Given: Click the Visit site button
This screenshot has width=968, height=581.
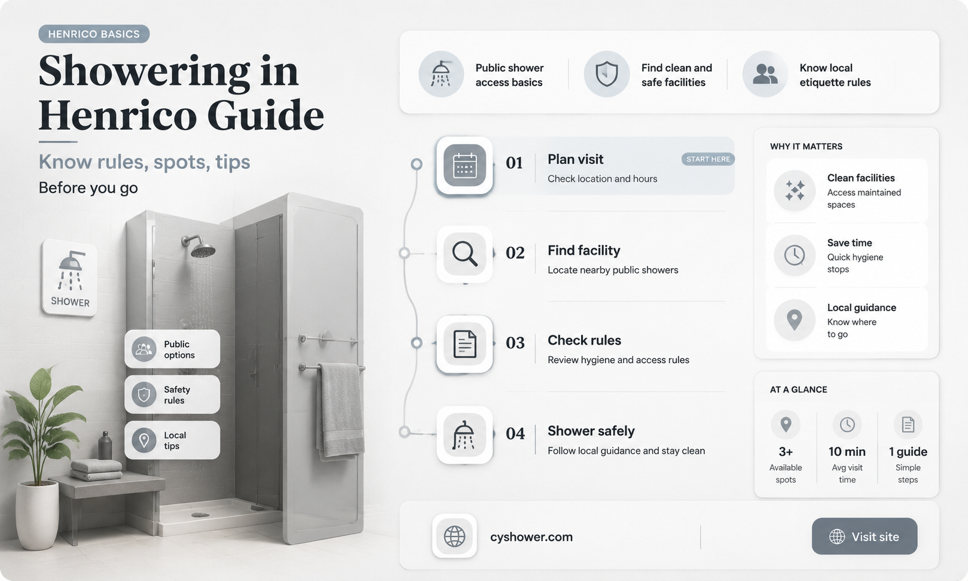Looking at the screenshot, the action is click(865, 536).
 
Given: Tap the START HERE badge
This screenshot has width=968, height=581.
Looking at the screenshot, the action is click(708, 159).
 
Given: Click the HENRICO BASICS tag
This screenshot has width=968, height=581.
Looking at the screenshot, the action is click(94, 34).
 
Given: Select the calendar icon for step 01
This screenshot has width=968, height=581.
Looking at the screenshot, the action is click(465, 165).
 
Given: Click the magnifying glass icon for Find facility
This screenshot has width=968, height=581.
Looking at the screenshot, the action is click(465, 254).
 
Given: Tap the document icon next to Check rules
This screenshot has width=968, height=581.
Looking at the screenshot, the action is click(465, 344).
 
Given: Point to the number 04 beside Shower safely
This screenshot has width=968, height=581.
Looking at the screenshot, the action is click(515, 433).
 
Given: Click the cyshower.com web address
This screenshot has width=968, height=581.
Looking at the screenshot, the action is click(531, 537).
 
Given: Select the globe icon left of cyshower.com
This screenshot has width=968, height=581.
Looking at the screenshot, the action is click(454, 536).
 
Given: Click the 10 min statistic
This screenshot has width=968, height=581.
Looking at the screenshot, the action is click(847, 452).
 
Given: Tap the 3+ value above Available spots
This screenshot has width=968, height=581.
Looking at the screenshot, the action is click(786, 452).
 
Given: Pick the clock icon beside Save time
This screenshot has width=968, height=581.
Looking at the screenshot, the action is click(794, 255).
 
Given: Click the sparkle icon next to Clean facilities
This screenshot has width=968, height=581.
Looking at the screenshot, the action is click(794, 190).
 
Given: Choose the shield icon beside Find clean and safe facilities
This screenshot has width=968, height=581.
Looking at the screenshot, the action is click(606, 74).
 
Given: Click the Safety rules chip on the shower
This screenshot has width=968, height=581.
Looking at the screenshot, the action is click(172, 394).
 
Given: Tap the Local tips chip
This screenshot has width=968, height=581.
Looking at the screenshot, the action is click(172, 440).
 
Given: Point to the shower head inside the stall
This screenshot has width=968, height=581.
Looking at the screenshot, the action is click(200, 246).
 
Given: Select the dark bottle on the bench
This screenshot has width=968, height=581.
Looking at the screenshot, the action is click(105, 445).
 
